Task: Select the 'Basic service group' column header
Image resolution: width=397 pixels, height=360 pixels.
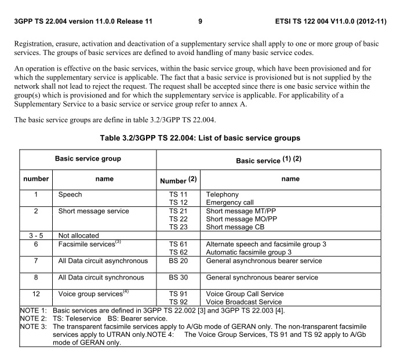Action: [x=88, y=158]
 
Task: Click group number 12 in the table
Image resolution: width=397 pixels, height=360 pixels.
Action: [x=36, y=294]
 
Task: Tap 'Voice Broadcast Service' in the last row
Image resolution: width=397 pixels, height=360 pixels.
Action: [x=245, y=301]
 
